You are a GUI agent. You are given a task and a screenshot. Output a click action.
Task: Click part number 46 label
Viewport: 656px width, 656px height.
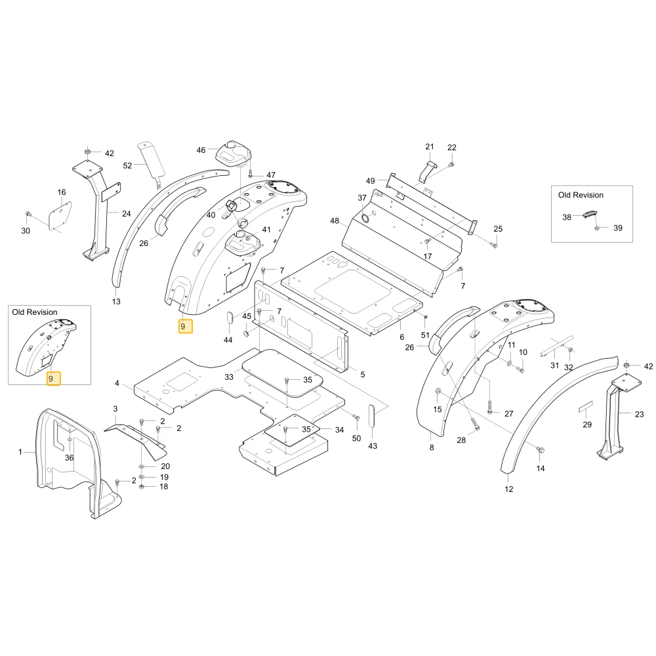tap(201, 150)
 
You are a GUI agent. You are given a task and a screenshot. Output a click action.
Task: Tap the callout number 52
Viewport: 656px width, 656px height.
tap(128, 166)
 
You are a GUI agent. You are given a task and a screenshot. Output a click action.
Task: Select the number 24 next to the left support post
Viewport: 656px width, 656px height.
tap(127, 214)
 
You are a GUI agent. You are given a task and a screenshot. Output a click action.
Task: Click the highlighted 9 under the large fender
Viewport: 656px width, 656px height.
tap(186, 326)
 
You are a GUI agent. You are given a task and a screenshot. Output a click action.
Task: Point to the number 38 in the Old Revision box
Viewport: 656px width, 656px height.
tap(567, 217)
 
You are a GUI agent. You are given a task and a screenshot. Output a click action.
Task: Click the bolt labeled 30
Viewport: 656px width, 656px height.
tap(28, 215)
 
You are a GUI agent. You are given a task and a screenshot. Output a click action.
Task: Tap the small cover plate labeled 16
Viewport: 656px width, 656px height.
tap(60, 216)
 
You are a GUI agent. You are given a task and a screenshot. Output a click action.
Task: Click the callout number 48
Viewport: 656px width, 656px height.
tap(335, 220)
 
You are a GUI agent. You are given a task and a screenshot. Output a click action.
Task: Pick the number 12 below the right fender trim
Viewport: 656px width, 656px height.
tap(509, 489)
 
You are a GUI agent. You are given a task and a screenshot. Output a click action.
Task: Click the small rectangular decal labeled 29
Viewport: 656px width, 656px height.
tap(586, 407)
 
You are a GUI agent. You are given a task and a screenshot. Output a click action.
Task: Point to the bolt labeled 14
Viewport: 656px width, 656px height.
tap(540, 450)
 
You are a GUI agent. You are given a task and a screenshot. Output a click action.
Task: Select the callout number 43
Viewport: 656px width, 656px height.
tap(373, 446)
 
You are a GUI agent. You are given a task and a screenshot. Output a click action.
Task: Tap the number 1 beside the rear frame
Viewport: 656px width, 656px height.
tap(20, 452)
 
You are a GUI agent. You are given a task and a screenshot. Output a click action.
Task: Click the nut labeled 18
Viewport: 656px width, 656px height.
tap(142, 487)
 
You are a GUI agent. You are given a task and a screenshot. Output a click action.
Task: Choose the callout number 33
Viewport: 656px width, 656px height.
tap(229, 377)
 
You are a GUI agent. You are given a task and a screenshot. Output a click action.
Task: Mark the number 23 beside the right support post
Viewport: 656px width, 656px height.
tap(639, 414)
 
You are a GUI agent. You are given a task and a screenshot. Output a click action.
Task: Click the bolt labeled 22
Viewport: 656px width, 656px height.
tap(451, 165)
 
